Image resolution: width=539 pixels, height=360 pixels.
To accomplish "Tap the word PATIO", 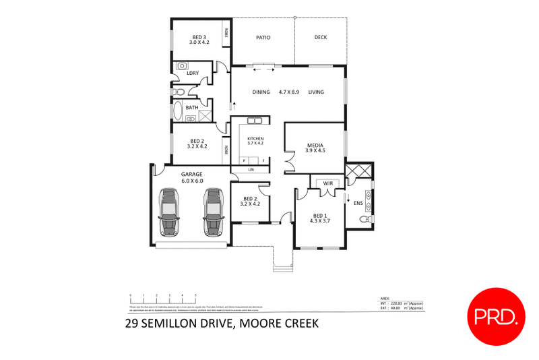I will click(x=263, y=37).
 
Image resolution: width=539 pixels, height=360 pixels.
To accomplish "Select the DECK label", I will click(x=320, y=37).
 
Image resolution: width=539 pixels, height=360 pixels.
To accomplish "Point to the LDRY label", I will click(x=192, y=73).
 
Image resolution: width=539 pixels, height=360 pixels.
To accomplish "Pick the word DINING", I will click(x=261, y=92).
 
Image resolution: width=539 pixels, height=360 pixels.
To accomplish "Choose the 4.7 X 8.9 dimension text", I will click(x=289, y=92).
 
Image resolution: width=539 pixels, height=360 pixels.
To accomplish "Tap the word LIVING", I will click(x=317, y=92).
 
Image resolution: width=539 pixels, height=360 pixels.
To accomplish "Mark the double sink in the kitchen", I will click(x=254, y=121).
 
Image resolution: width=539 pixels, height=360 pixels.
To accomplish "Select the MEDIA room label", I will click(x=315, y=145).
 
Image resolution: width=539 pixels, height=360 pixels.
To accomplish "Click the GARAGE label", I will click(x=192, y=174).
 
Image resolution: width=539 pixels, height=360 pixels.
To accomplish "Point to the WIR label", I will click(x=329, y=182).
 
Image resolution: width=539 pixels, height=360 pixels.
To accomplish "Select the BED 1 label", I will click(x=319, y=215).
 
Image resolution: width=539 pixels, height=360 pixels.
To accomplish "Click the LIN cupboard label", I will click(x=250, y=169).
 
